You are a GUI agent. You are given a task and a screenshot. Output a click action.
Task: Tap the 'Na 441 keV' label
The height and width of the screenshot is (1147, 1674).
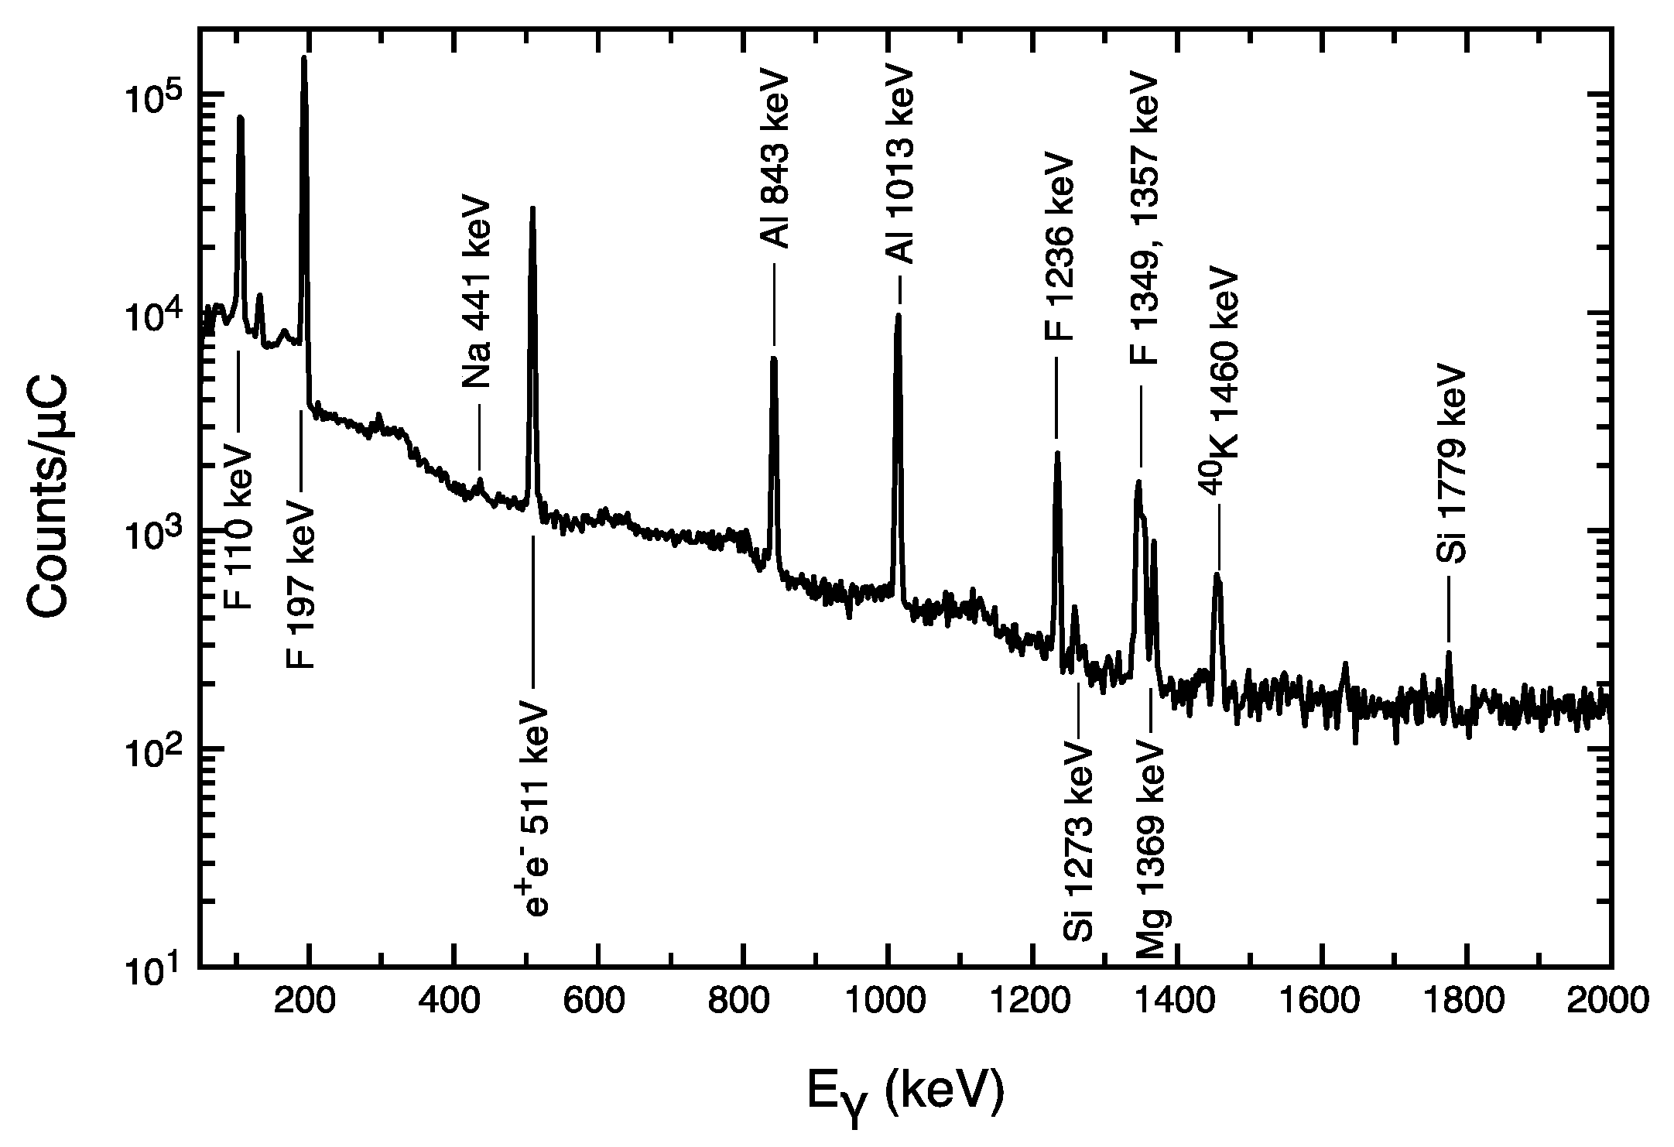coord(477,292)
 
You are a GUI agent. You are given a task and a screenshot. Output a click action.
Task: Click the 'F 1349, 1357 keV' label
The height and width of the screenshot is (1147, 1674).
coord(1142,217)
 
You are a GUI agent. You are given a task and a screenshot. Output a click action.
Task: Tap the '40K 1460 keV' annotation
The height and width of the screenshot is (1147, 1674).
coord(1220,381)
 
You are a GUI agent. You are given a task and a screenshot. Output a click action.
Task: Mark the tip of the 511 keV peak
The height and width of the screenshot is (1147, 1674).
coord(532,208)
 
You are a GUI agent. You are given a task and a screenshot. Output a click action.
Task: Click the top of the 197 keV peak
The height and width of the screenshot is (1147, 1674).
coord(304,57)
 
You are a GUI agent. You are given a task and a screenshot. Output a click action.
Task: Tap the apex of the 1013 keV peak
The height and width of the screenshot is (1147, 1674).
coord(898,315)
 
